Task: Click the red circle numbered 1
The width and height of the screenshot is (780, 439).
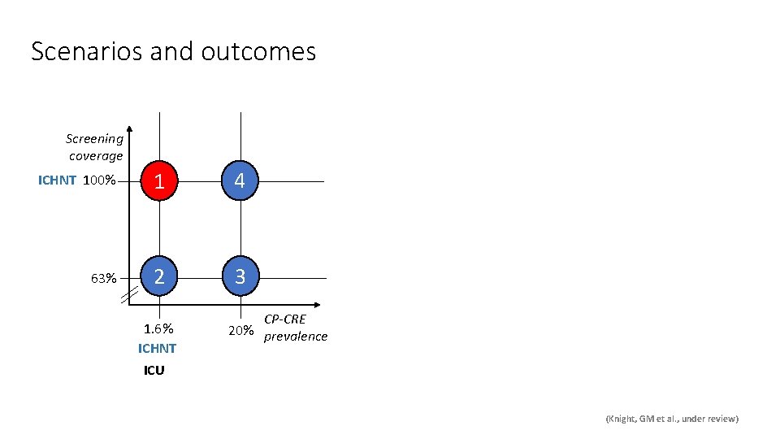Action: click(160, 181)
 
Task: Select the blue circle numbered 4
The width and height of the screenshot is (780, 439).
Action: click(240, 181)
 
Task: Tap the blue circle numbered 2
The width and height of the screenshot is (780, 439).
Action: click(160, 277)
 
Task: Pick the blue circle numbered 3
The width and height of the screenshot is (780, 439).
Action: click(240, 277)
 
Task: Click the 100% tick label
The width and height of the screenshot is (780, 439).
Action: click(100, 180)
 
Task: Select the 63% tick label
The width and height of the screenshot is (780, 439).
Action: click(103, 278)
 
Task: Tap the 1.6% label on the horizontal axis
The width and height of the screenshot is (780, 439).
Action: click(158, 329)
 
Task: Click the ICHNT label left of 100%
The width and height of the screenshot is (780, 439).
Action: click(57, 180)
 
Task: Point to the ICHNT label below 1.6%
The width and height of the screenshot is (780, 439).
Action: click(157, 349)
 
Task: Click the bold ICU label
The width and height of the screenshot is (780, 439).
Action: click(154, 371)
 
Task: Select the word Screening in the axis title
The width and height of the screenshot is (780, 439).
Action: click(94, 139)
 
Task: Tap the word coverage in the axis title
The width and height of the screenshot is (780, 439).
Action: click(96, 155)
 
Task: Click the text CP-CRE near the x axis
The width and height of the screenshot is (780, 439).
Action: click(284, 319)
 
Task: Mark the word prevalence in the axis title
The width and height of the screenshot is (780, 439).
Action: click(296, 337)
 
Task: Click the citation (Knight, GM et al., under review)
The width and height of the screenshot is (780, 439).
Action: click(672, 419)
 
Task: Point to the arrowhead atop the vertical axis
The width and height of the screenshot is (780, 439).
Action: click(130, 131)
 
